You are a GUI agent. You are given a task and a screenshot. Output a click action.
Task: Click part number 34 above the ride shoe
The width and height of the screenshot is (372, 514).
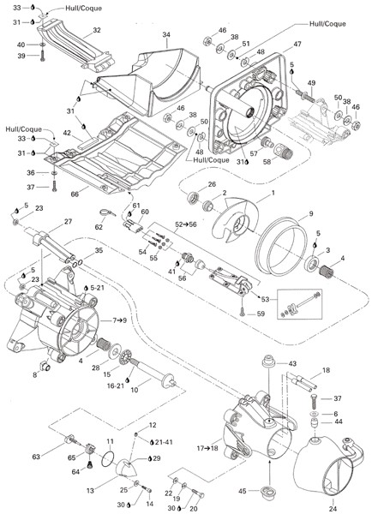[166, 35]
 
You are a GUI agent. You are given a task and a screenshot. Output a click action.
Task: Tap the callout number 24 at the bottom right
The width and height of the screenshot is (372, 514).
[333, 509]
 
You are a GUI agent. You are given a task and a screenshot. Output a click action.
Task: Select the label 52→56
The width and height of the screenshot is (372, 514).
[186, 224]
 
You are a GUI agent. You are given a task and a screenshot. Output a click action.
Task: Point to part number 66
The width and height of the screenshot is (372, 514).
[75, 194]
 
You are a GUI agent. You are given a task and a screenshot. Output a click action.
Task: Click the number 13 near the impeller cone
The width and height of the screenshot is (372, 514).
[90, 490]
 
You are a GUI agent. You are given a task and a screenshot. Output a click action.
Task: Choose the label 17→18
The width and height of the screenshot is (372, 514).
[207, 447]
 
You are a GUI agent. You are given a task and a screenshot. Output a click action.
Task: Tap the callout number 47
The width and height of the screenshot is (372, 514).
[297, 44]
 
